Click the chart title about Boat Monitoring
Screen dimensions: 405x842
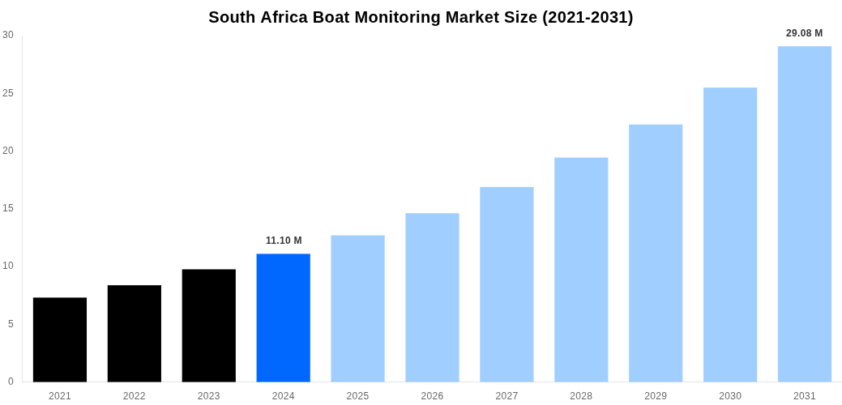(421, 17)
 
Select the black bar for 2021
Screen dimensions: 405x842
(60, 339)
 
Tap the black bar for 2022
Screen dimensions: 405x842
(135, 333)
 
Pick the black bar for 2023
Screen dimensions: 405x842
(209, 325)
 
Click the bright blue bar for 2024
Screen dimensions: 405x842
(284, 318)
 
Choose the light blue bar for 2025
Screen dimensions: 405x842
(357, 308)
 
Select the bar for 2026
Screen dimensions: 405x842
(432, 297)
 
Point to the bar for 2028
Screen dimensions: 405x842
(581, 269)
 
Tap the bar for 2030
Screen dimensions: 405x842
(730, 234)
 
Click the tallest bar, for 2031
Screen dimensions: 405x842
(805, 214)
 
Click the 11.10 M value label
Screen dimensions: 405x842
(284, 241)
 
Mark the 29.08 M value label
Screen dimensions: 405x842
(804, 33)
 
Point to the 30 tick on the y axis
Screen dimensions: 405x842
(8, 35)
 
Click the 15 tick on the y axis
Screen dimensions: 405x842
(8, 208)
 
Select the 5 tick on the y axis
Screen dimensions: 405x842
(11, 324)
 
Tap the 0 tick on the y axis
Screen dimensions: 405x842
(11, 382)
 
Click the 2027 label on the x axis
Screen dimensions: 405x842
(506, 396)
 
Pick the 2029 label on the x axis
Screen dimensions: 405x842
(656, 396)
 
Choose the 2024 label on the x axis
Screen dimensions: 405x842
(284, 396)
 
